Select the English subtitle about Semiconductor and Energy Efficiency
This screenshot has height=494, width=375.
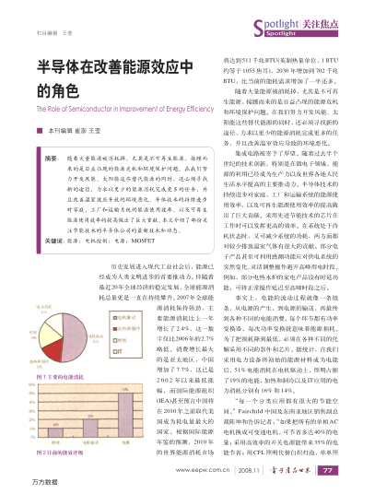pyautogui.click(x=115, y=110)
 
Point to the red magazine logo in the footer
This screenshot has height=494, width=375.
pyautogui.click(x=314, y=469)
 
